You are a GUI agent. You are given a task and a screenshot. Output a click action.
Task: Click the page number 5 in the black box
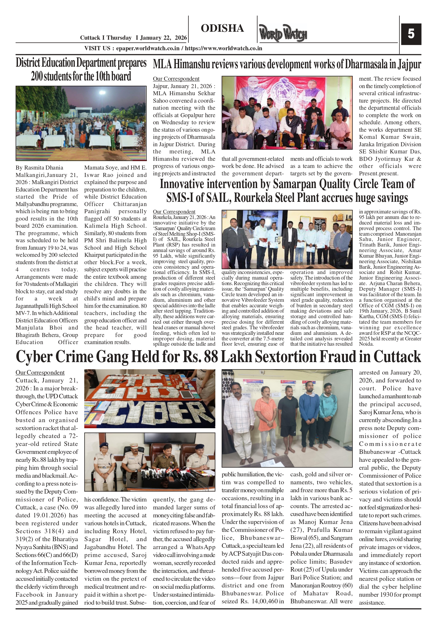(411, 34)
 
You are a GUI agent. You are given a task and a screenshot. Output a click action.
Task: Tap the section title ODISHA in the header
(222, 28)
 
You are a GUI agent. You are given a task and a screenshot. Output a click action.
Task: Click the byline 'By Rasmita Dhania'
(39, 168)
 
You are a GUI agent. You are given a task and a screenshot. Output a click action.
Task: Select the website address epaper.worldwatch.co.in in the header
(147, 48)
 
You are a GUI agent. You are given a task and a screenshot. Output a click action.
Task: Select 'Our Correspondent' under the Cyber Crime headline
(40, 373)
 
